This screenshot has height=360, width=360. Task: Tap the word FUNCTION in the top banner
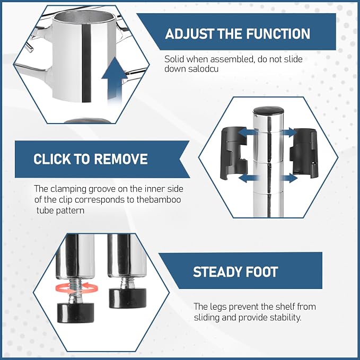click(x=278, y=34)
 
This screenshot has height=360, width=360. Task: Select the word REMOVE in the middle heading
click(x=121, y=159)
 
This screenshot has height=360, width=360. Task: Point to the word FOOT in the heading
click(x=262, y=272)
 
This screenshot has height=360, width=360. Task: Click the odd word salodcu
click(x=203, y=69)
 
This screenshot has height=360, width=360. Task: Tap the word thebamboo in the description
click(x=159, y=199)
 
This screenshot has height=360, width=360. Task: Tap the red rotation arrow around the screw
click(x=77, y=287)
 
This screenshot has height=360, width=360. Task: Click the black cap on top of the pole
click(x=268, y=111)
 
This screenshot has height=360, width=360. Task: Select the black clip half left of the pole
click(x=233, y=153)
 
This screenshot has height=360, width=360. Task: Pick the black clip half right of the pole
click(x=303, y=153)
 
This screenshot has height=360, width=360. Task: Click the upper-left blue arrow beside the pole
click(x=247, y=133)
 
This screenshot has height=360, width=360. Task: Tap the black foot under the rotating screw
click(x=75, y=313)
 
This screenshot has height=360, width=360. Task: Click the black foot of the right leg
click(x=128, y=298)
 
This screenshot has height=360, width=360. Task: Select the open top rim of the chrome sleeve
click(x=84, y=17)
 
